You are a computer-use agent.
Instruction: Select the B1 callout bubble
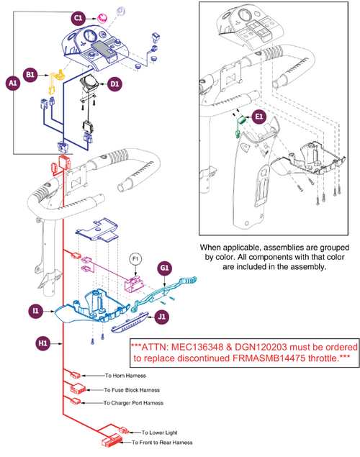pyautogui.click(x=32, y=74)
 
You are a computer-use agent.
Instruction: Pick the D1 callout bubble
pyautogui.click(x=115, y=84)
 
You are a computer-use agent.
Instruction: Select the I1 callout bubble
pyautogui.click(x=35, y=311)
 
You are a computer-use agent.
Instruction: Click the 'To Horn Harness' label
pyautogui.click(x=120, y=376)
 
